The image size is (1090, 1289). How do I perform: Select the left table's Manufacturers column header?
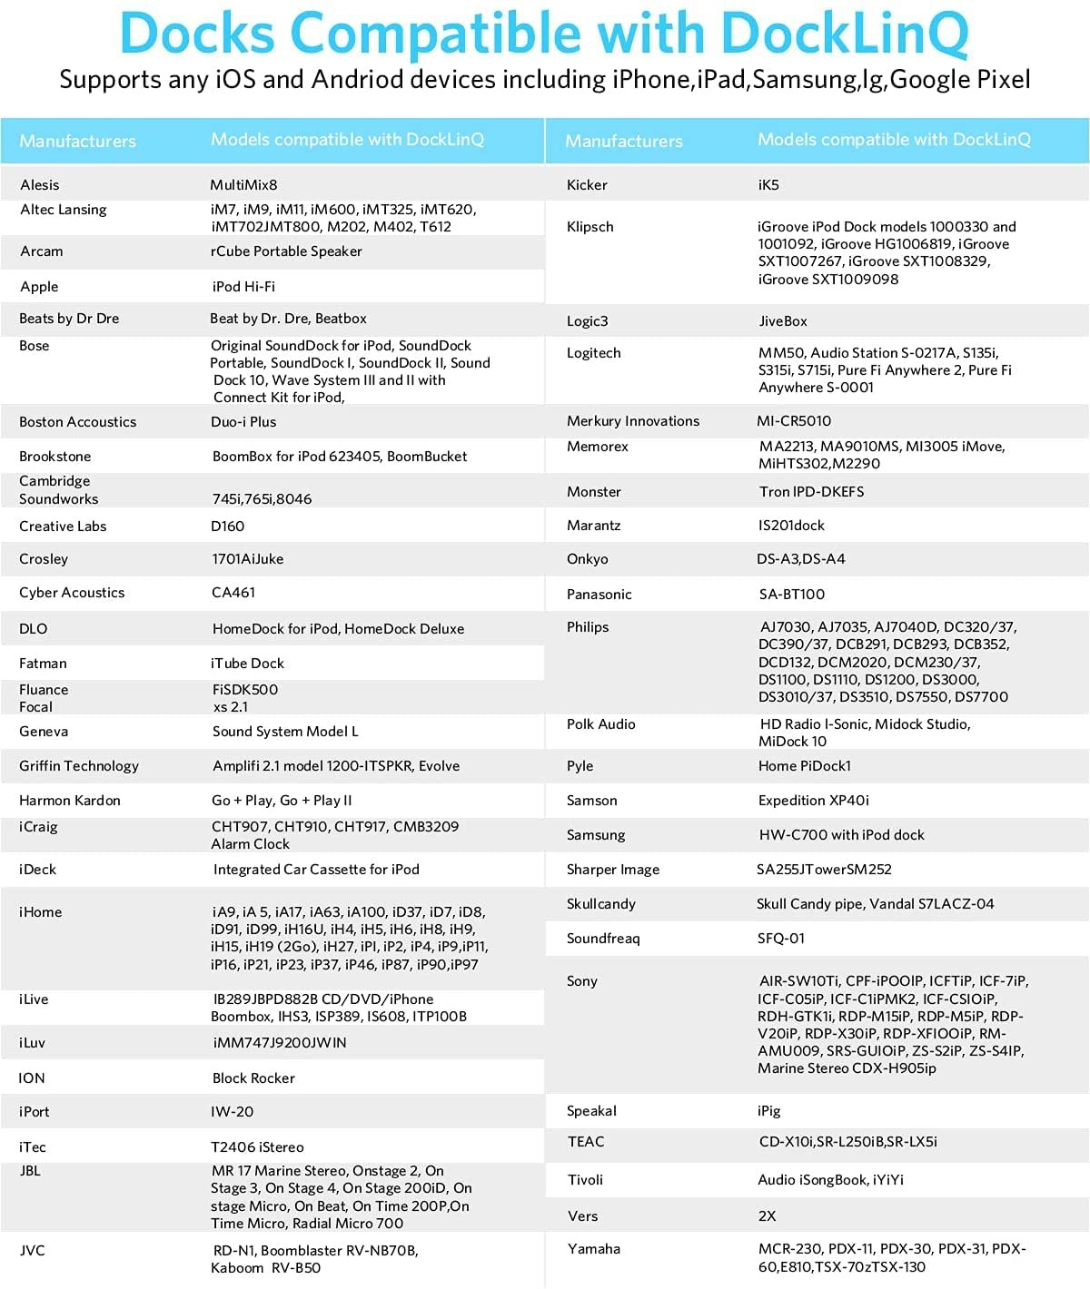(x=77, y=141)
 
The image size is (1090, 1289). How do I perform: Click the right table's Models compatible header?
(x=894, y=140)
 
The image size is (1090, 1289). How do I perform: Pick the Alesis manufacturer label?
(x=40, y=185)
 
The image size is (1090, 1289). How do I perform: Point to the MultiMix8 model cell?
(x=243, y=185)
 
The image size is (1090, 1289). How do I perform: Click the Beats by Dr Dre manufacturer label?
(x=69, y=319)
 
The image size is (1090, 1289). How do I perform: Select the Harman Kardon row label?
(x=70, y=801)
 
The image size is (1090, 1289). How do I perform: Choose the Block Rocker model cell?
(x=253, y=1078)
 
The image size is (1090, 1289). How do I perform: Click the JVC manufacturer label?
(x=33, y=1251)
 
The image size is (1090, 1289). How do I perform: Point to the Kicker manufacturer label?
(x=587, y=185)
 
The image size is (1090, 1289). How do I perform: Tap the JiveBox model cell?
(x=783, y=321)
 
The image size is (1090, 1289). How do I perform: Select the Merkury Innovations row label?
(x=633, y=421)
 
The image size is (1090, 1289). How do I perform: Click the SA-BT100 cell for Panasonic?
(x=792, y=595)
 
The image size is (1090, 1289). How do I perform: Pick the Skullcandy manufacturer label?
(x=601, y=904)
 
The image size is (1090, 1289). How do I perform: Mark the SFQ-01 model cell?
(x=781, y=939)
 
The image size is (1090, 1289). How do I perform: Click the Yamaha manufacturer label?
(x=594, y=1249)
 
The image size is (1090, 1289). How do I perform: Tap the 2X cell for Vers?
(x=768, y=1216)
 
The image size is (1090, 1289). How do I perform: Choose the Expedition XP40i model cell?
(x=814, y=801)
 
